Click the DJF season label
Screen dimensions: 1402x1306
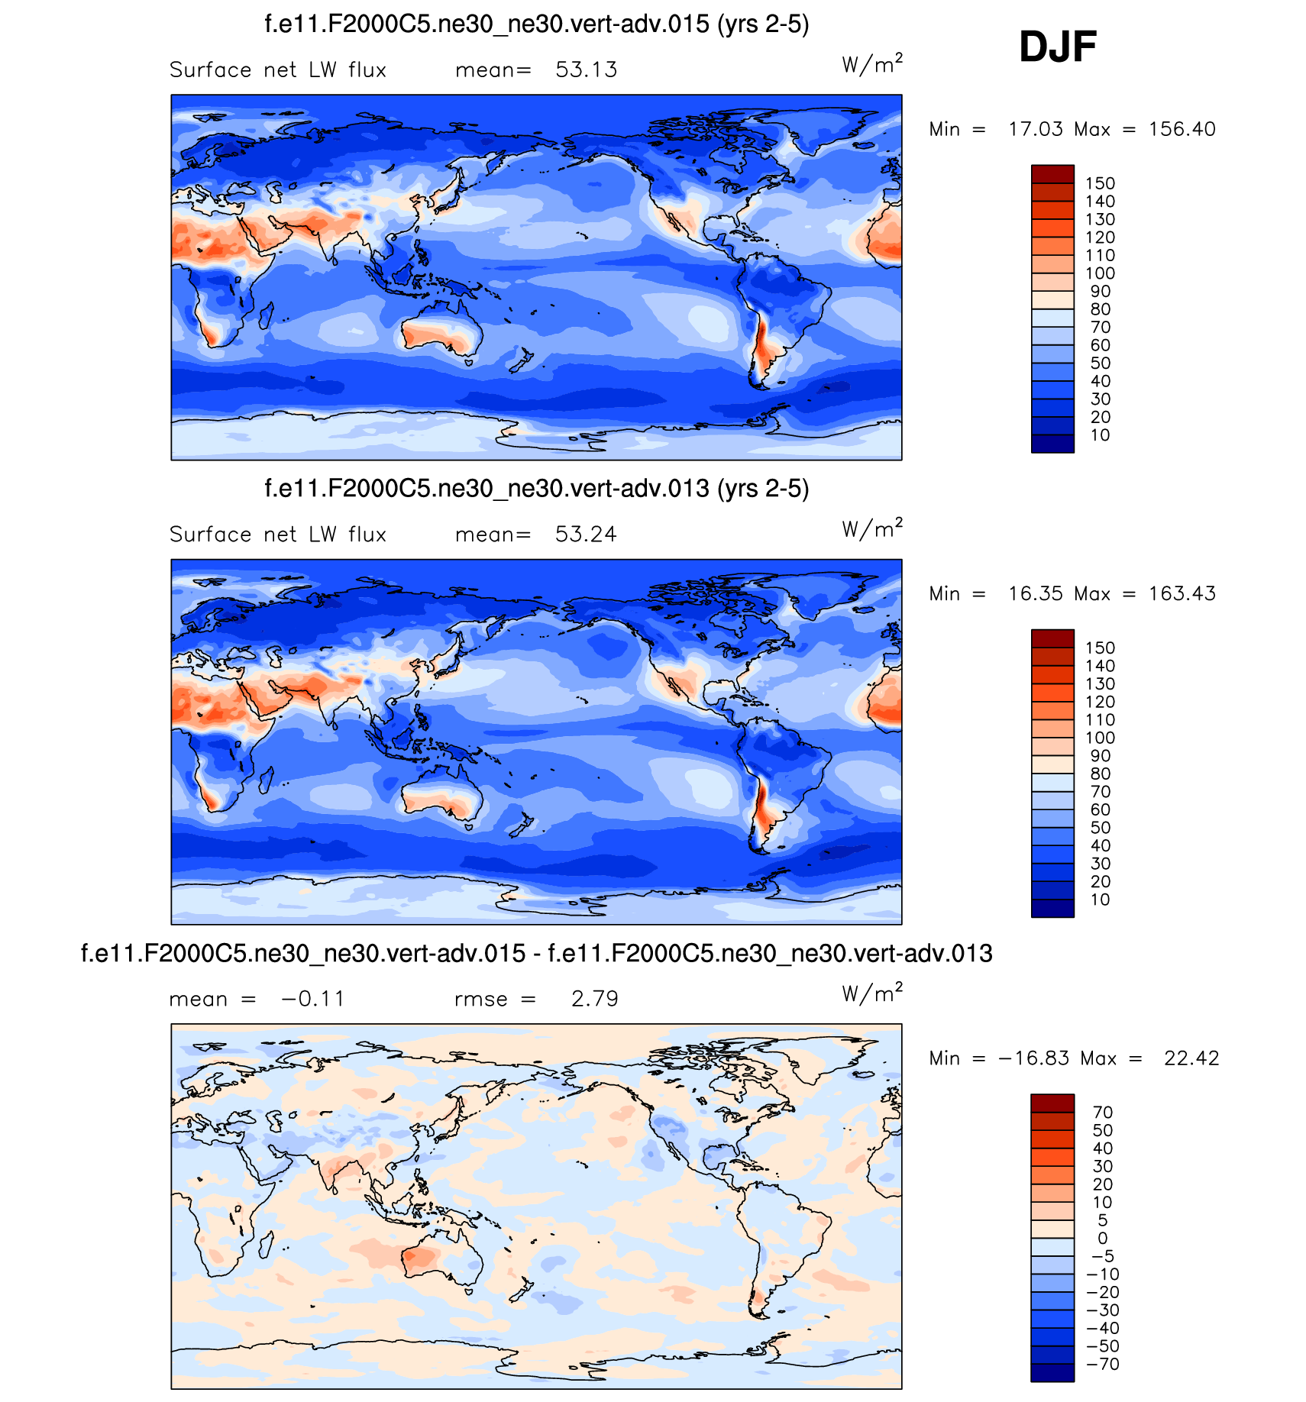point(1057,47)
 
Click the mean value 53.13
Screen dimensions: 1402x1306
point(586,69)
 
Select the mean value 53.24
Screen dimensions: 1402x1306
point(586,534)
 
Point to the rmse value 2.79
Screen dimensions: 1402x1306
point(594,999)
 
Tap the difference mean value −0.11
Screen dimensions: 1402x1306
point(313,999)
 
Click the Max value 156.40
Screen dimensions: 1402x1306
point(1182,129)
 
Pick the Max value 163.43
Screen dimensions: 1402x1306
point(1182,593)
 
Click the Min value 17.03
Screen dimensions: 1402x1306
point(1035,129)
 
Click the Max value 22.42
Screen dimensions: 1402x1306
point(1191,1058)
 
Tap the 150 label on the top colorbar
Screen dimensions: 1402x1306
point(1100,183)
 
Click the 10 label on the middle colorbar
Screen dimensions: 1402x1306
point(1100,900)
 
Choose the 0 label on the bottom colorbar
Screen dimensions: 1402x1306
point(1102,1238)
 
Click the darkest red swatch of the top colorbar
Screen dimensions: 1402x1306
point(1052,174)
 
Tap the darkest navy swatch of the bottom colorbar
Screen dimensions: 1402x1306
point(1052,1372)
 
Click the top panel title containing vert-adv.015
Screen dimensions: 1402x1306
point(536,24)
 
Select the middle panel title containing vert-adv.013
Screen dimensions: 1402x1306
point(536,489)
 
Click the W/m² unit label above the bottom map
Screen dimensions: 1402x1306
point(871,993)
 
